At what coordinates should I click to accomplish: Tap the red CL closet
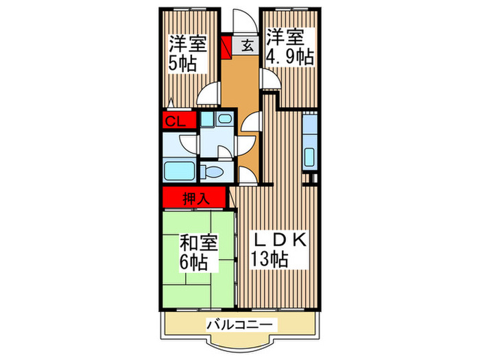coord(174,122)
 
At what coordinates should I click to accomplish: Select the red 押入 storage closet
coord(195,200)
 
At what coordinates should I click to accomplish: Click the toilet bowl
coord(215,171)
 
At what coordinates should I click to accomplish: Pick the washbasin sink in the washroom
coord(224,121)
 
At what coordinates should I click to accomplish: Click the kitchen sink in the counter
coord(310,156)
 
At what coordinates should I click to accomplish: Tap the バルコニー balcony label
coord(240,325)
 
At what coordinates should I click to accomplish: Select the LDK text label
coord(279,241)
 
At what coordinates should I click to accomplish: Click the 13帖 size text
coord(269,261)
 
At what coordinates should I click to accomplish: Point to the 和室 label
coord(199,243)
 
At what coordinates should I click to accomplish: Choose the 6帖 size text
coord(195,261)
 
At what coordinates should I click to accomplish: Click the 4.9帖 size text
coord(289,56)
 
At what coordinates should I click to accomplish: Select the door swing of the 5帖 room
coord(208,94)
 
